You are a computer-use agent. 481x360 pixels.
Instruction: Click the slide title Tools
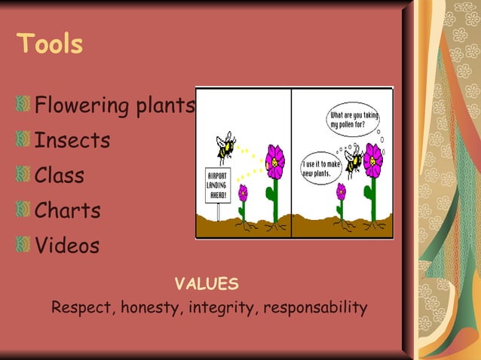49,44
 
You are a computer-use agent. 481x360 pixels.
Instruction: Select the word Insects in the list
72,140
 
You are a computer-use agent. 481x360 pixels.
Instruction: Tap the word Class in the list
60,175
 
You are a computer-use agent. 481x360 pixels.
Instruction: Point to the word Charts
67,210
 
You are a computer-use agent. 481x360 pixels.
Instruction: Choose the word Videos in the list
67,246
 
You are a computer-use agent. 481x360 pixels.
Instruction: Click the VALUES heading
207,284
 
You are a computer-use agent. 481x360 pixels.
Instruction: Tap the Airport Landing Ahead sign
217,184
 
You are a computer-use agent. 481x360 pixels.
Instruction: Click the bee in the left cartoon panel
225,147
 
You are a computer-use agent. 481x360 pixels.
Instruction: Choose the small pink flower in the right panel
341,191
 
